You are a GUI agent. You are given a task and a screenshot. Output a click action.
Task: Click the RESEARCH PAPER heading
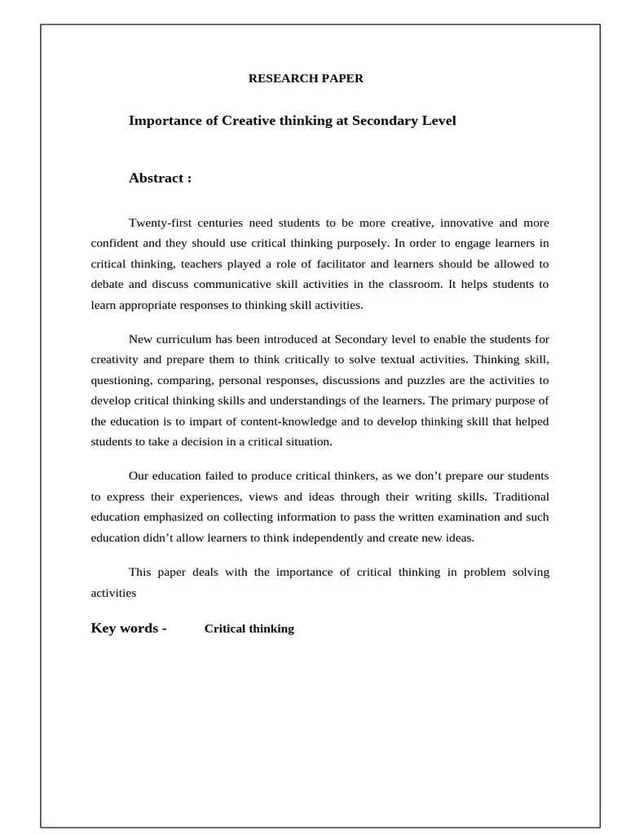point(306,79)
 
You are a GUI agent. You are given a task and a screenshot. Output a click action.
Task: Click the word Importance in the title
point(161,121)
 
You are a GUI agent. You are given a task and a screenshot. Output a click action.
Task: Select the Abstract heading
point(160,179)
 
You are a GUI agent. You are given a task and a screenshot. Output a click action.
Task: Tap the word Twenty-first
point(159,223)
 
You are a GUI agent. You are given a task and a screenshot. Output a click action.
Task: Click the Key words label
point(128,628)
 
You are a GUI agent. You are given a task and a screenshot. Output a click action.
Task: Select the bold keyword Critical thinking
point(249,629)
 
